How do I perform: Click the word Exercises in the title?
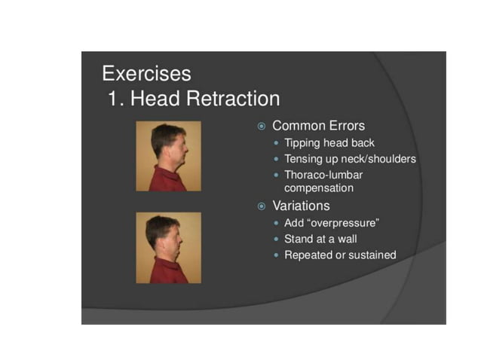[x=146, y=74]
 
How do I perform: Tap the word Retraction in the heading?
[x=229, y=99]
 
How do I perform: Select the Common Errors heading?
[x=318, y=126]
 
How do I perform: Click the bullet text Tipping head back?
[x=329, y=143]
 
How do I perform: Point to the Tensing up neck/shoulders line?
[x=350, y=159]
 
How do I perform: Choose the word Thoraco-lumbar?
[x=323, y=175]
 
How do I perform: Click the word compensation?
[x=318, y=188]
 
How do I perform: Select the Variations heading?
[x=301, y=206]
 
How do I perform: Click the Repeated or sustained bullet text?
[x=339, y=255]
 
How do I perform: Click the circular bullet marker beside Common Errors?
[x=262, y=127]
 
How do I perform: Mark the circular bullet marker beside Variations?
[x=262, y=206]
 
